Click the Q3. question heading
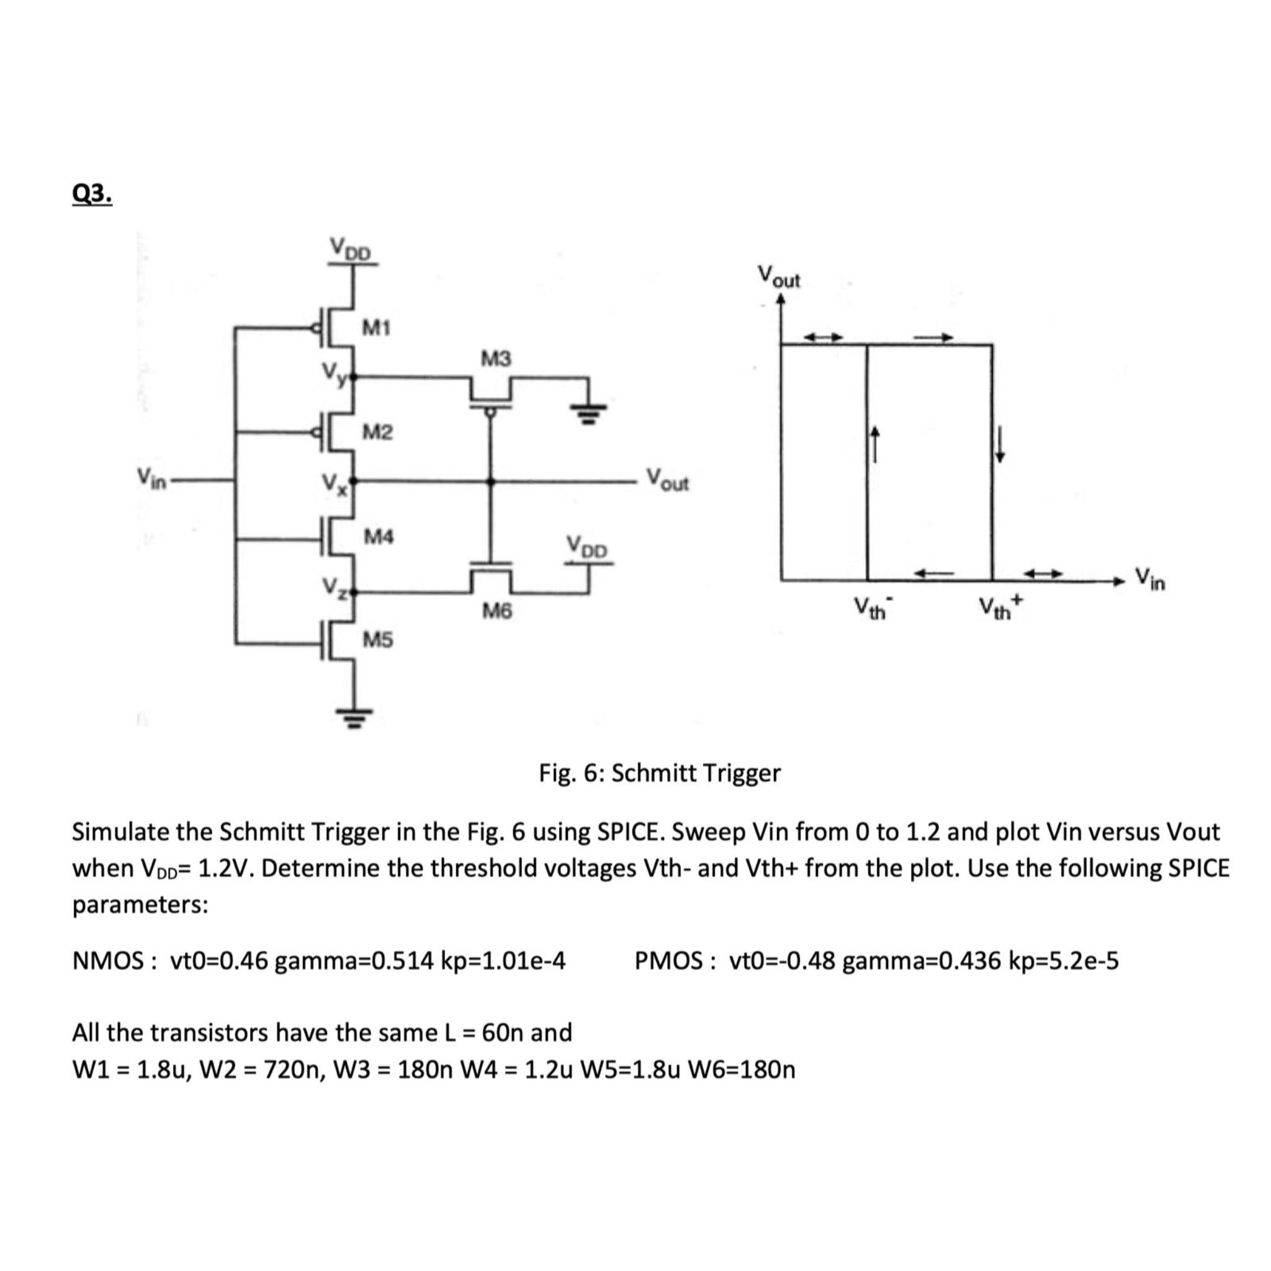pos(91,195)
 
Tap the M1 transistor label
pos(377,327)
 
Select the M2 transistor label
pos(377,432)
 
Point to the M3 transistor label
pos(495,359)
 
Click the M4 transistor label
pos(379,537)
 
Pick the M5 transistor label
pos(379,639)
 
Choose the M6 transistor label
pos(496,612)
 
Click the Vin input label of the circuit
pos(150,475)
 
